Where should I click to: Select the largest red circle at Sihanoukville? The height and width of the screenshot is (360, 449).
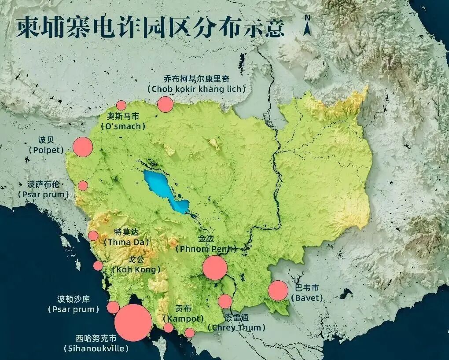point(133,323)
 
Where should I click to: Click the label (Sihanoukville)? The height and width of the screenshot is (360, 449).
point(96,349)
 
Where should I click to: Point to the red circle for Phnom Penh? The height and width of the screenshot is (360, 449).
point(215,268)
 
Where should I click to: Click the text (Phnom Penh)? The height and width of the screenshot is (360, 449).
point(206,249)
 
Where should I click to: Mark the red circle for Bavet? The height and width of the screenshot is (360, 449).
point(278,290)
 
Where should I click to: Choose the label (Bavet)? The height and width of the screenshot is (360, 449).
point(307,298)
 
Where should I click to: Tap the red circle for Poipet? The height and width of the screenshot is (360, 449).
point(82,147)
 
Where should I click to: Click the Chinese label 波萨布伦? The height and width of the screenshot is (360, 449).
point(43,184)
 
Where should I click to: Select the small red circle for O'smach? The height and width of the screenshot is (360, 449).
point(121,105)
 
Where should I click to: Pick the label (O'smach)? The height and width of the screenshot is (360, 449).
point(123,126)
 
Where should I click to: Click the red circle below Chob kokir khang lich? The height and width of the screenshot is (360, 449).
point(165,104)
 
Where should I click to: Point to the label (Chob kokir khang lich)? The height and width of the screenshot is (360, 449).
point(197,89)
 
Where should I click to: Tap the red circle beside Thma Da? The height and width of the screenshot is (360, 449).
point(93,235)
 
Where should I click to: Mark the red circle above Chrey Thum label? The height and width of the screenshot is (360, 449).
point(225,301)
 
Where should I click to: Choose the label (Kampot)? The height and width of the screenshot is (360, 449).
point(183,318)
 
